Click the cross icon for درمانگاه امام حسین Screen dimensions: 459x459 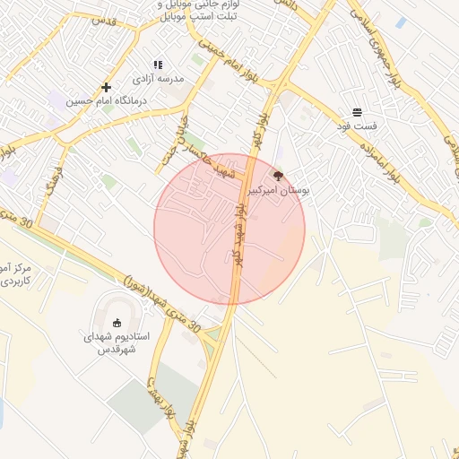click(x=107, y=87)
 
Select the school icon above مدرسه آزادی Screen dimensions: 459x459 click(x=158, y=65)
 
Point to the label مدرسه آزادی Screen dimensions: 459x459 click(x=157, y=78)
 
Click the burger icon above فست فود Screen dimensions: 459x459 click(x=358, y=112)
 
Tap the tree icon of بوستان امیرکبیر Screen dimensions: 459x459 click(x=278, y=177)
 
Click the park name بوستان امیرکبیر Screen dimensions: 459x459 click(x=278, y=191)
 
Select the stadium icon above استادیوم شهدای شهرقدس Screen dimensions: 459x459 click(x=117, y=322)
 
